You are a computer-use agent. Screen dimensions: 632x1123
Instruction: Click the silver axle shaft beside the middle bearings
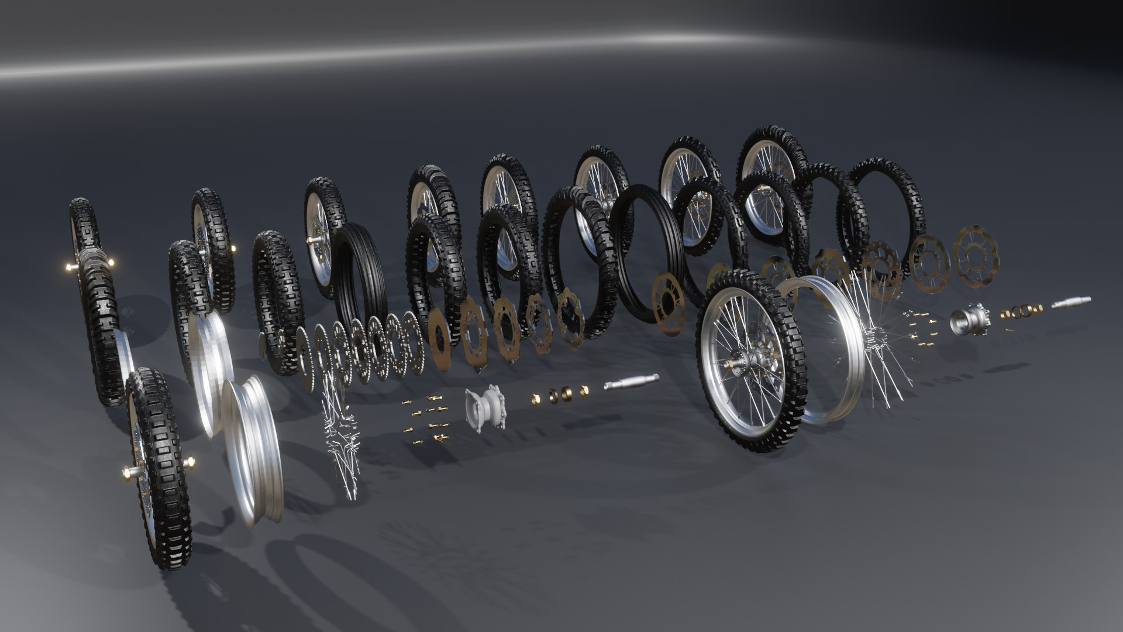[631, 382]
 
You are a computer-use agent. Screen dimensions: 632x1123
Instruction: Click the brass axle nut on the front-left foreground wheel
[127, 472]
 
